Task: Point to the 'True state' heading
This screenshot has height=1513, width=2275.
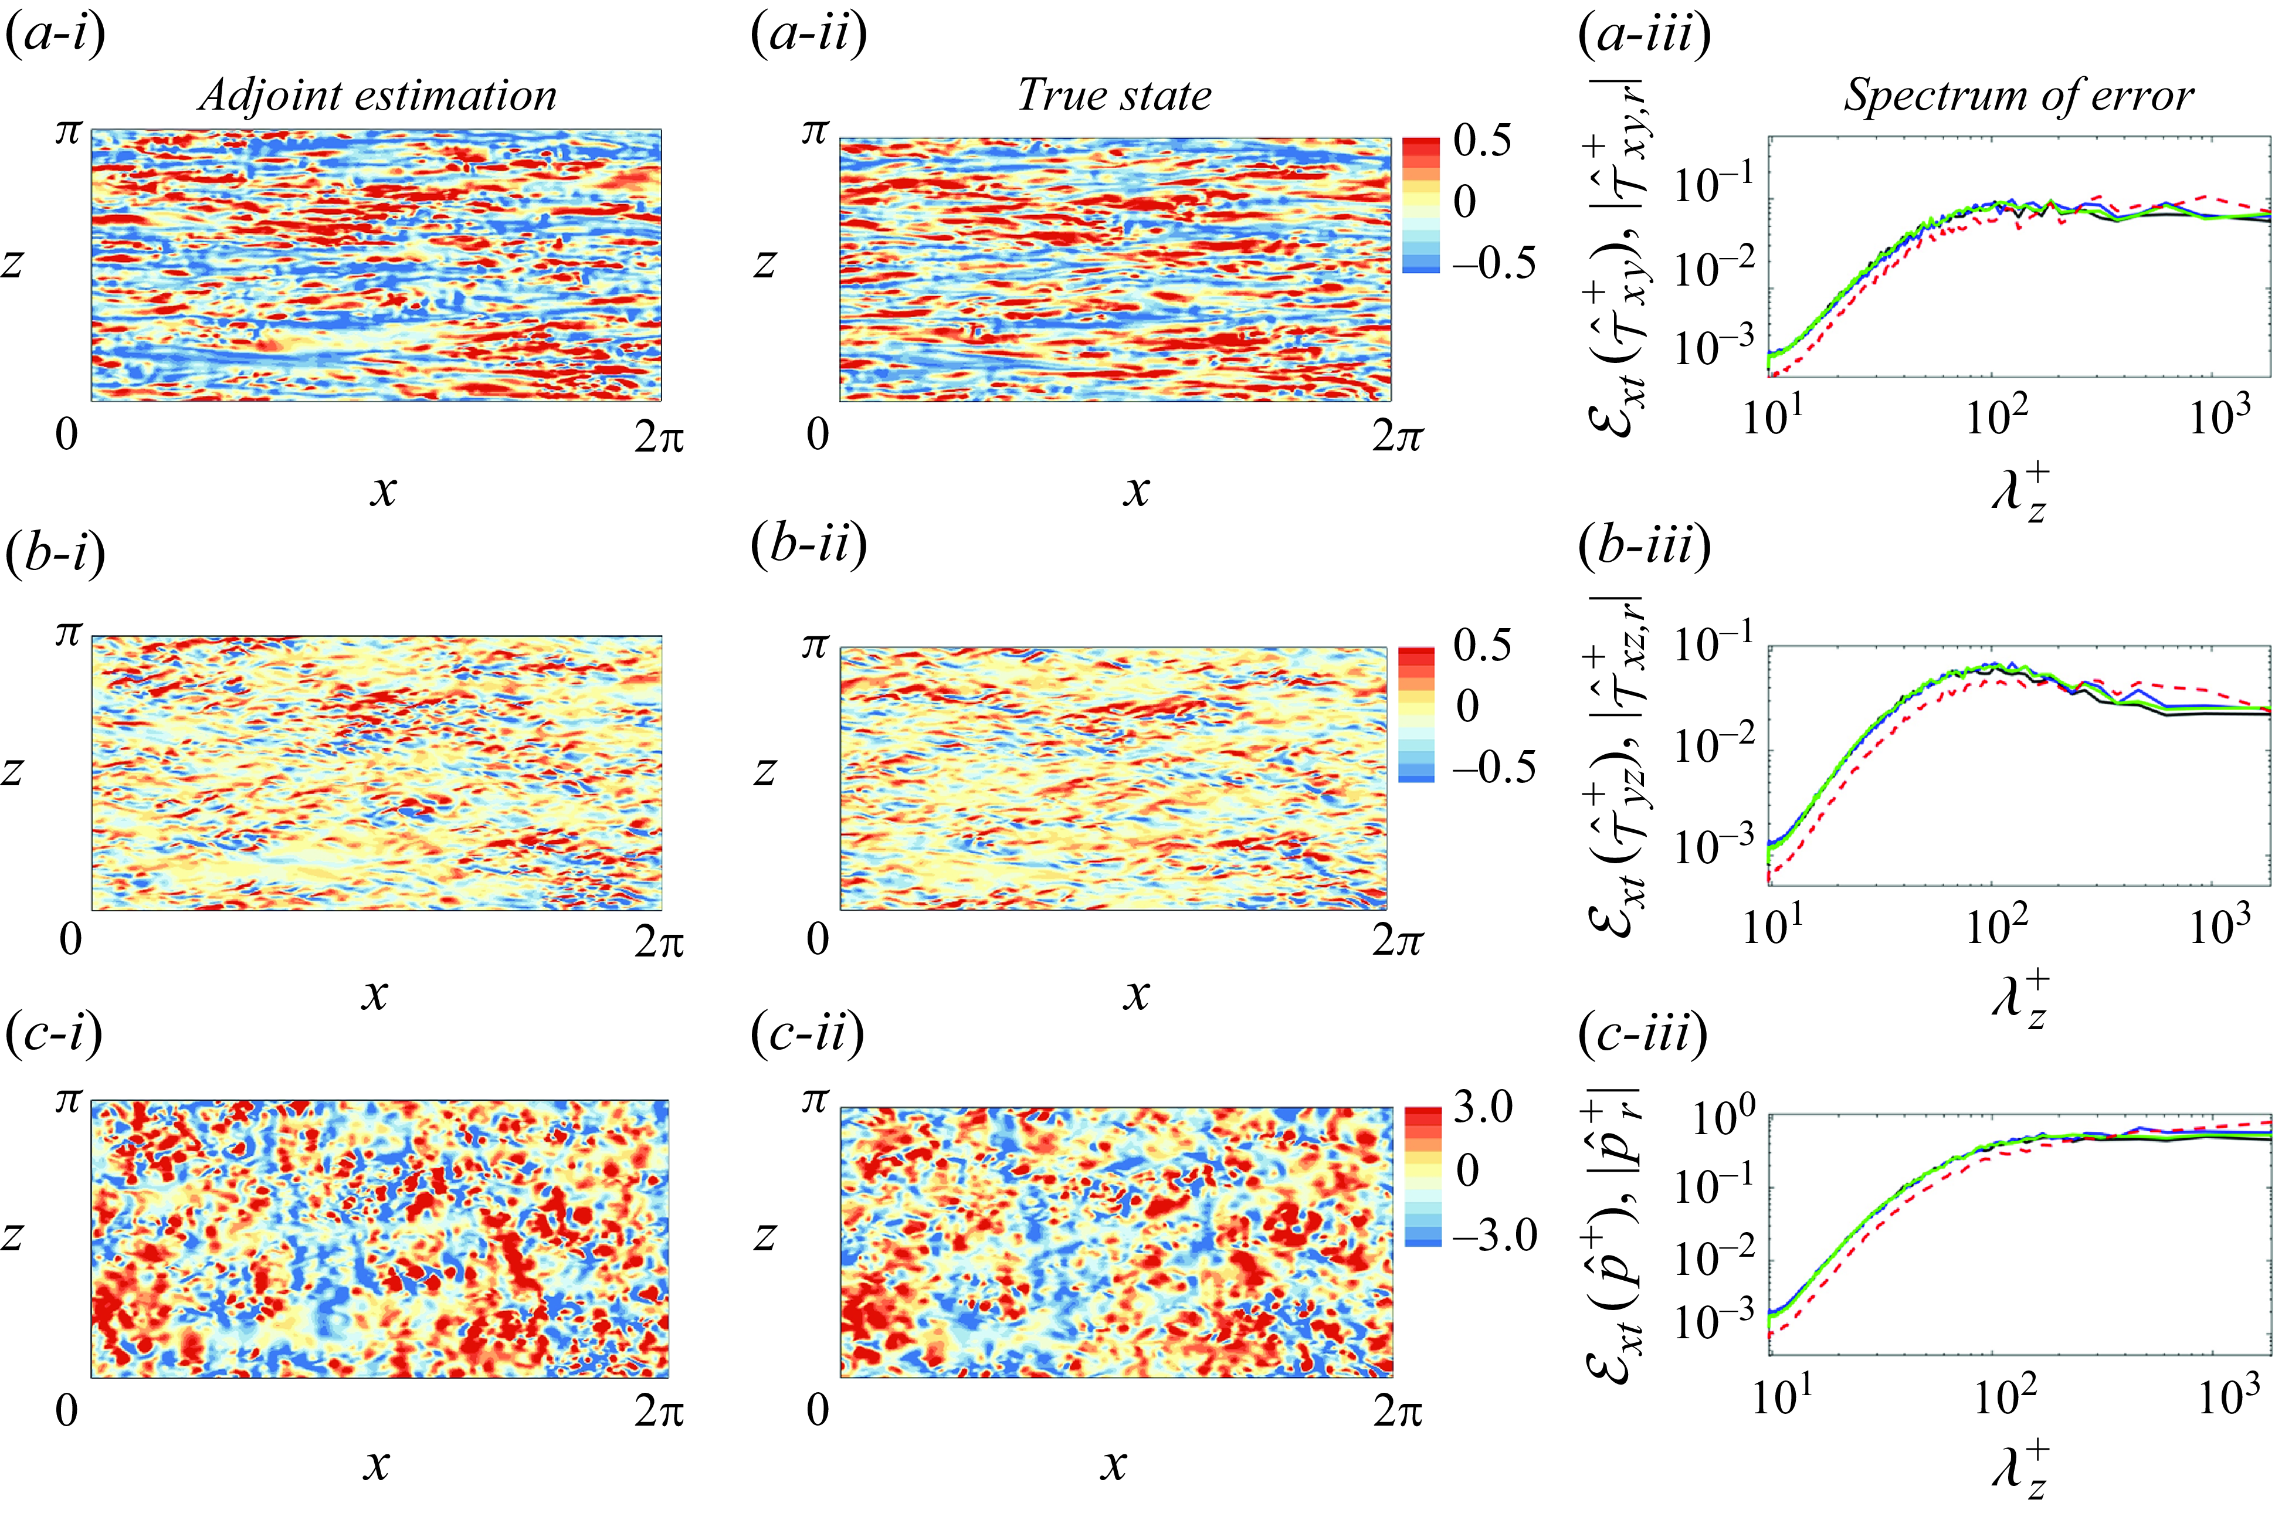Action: [1116, 96]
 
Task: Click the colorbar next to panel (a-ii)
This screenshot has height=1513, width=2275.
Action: [1420, 205]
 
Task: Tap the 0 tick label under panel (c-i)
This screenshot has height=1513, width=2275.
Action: [67, 1411]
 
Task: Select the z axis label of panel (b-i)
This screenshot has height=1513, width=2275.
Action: [12, 771]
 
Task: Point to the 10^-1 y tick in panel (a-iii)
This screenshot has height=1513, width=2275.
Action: [1714, 184]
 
